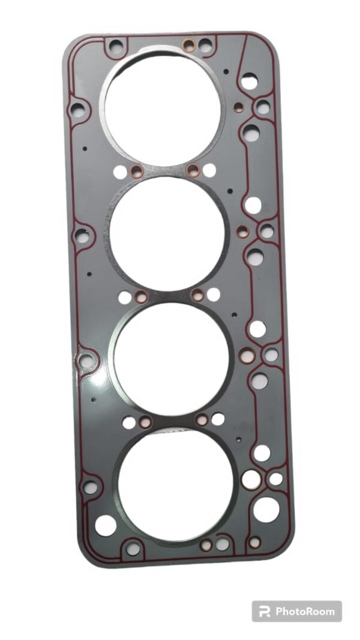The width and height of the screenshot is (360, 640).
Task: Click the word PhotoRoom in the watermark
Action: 304,612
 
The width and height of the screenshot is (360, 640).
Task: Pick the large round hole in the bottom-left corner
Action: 106,525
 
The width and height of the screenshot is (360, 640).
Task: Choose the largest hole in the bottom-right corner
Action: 266,509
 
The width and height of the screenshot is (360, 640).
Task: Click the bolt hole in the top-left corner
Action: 116,45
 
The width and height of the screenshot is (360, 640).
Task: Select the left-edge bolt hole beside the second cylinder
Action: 82,235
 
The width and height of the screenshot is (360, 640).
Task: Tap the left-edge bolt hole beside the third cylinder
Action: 87,361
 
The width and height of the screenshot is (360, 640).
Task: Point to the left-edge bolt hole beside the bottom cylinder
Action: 91,487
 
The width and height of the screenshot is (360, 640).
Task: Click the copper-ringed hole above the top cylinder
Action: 188,44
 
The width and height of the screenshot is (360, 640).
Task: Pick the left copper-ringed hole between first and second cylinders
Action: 137,172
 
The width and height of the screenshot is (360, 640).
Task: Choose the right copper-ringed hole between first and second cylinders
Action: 193,170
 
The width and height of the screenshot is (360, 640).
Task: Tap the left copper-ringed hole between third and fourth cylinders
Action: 145,422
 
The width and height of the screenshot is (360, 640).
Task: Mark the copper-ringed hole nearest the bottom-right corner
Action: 254,542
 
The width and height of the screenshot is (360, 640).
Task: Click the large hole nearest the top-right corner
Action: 249,81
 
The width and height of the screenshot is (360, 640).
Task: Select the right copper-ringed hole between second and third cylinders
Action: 197,294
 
